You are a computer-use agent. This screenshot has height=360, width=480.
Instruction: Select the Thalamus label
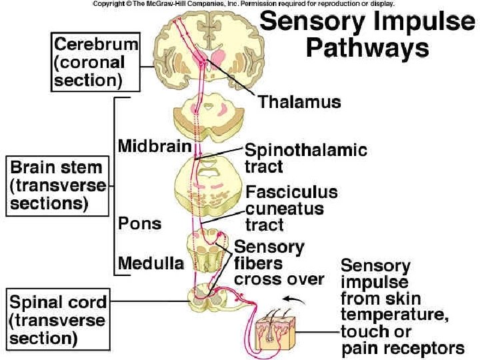click(299, 102)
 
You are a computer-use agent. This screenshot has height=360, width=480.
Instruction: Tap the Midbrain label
click(155, 145)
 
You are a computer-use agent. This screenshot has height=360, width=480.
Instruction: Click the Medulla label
click(151, 264)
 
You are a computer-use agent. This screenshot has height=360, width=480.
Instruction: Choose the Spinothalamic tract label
click(305, 158)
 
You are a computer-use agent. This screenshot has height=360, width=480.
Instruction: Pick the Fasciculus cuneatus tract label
click(291, 208)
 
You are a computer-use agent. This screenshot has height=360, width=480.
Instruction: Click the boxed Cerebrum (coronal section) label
click(96, 63)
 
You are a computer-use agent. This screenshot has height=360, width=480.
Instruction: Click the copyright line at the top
click(243, 4)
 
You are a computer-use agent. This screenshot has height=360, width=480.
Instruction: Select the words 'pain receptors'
click(402, 347)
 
